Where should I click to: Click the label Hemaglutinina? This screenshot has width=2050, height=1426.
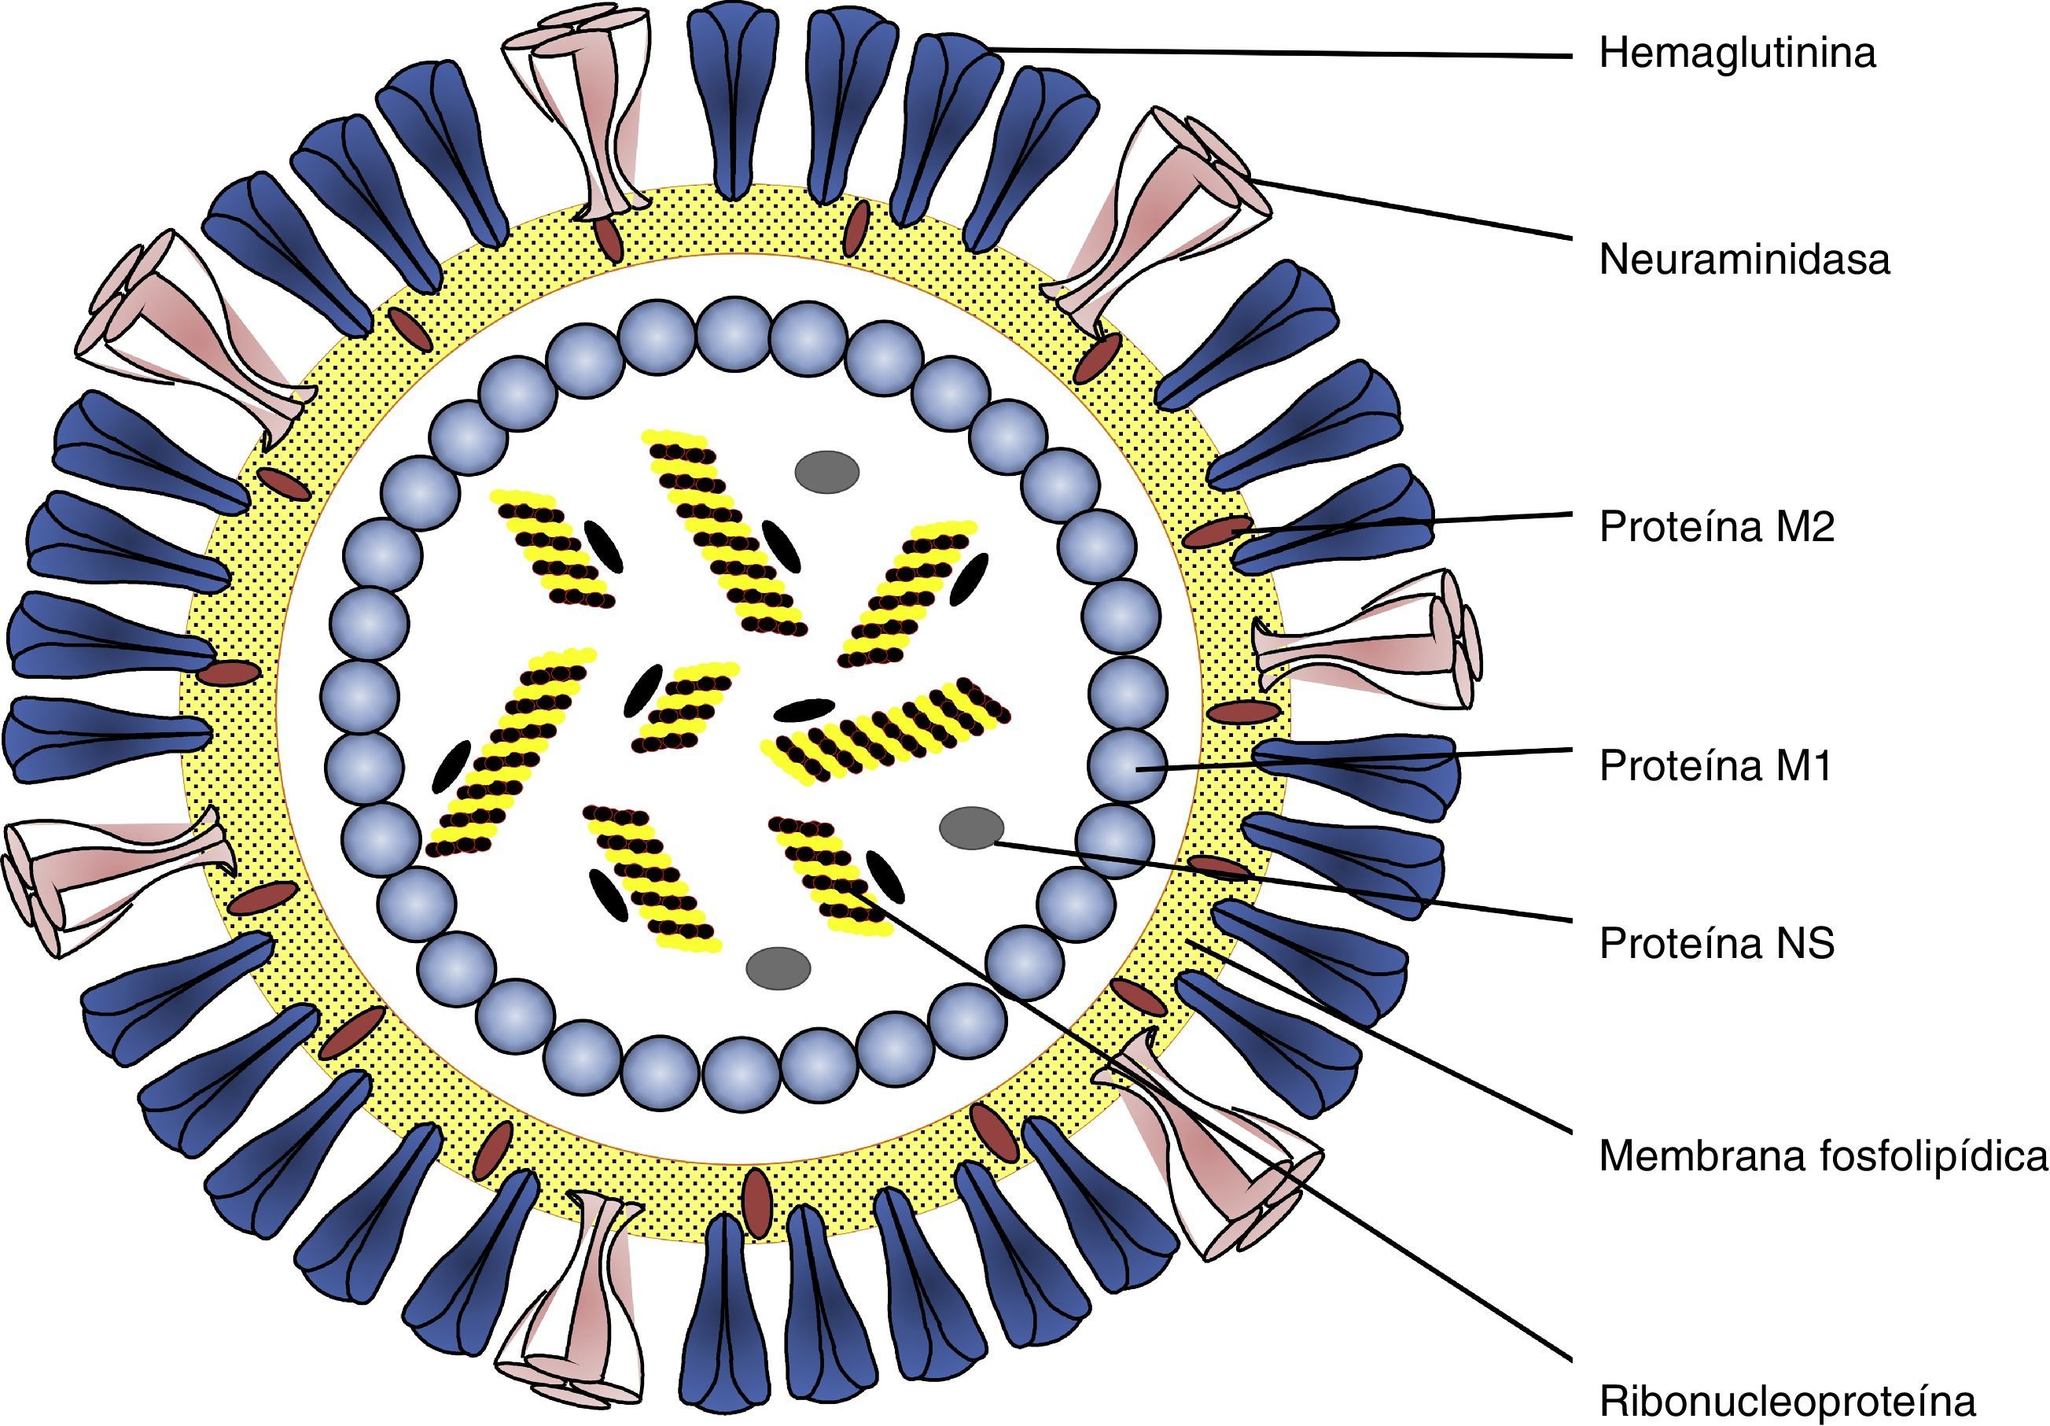click(1736, 53)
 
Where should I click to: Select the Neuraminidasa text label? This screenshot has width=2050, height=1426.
click(1744, 260)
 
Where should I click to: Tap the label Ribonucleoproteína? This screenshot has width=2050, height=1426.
click(1787, 1401)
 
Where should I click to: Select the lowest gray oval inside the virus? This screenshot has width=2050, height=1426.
click(778, 969)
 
